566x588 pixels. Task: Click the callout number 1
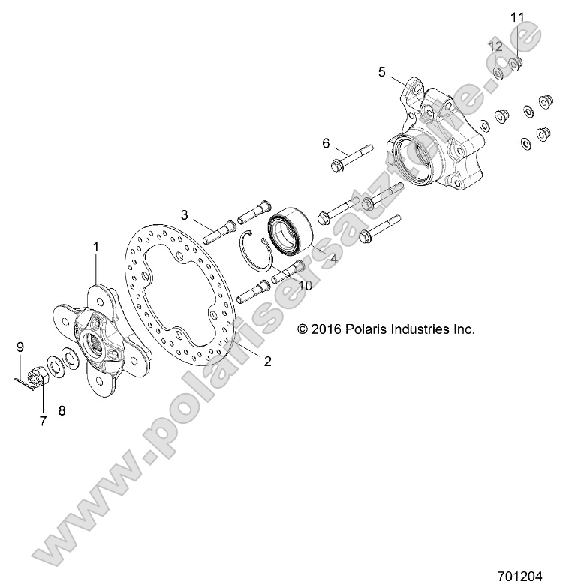(96, 246)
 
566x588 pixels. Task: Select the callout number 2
(267, 361)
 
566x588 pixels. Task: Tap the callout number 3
(184, 215)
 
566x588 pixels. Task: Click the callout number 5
(382, 72)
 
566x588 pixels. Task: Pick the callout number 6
(326, 142)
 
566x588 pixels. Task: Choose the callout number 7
(43, 421)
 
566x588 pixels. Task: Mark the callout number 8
(62, 410)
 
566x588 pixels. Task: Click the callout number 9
(21, 346)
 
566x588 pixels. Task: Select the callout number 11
(517, 16)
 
